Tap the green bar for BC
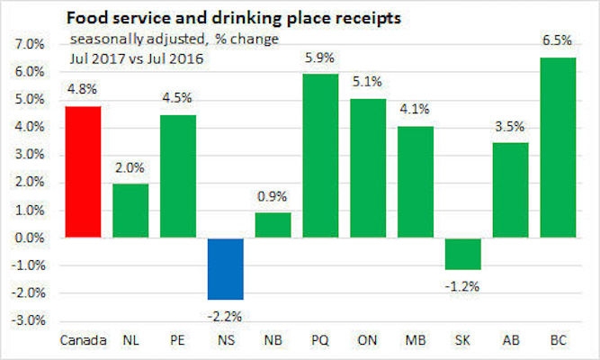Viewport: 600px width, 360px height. pyautogui.click(x=564, y=148)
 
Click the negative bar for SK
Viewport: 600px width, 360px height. pyautogui.click(x=467, y=254)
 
